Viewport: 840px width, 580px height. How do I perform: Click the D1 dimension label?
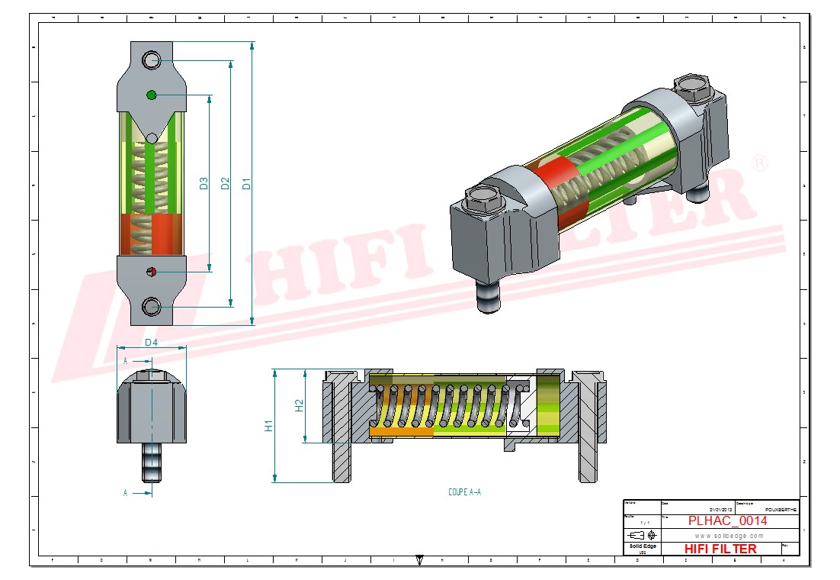pos(246,183)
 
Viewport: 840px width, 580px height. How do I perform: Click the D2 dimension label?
pos(225,183)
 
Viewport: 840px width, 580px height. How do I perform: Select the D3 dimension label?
pos(204,183)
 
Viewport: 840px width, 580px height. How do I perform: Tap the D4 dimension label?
pos(151,343)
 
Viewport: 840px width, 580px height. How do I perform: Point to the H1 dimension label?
pos(268,426)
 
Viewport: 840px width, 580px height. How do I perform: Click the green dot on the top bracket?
pos(151,95)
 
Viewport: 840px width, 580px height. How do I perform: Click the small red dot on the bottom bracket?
pos(151,272)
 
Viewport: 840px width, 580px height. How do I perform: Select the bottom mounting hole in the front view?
pos(151,307)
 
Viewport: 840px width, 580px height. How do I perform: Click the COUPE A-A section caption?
pos(464,492)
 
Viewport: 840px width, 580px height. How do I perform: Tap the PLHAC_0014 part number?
pos(727,521)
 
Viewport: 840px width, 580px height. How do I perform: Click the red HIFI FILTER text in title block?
pos(720,549)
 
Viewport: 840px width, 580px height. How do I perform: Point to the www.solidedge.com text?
pos(728,536)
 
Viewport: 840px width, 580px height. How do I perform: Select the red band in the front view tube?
pos(151,233)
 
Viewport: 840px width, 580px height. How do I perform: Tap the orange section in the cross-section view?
pos(400,431)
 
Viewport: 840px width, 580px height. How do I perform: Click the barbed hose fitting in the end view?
pos(151,462)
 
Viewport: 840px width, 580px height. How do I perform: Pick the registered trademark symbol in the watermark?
pos(759,163)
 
